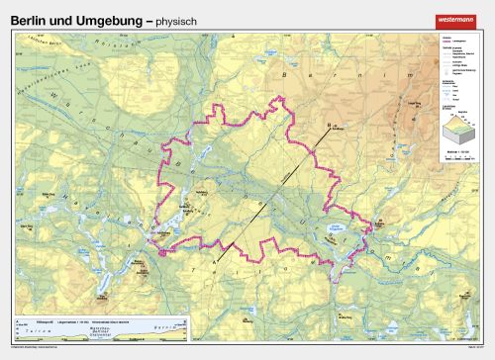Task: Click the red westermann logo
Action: pyautogui.click(x=454, y=20)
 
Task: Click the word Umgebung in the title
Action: pyautogui.click(x=95, y=20)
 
